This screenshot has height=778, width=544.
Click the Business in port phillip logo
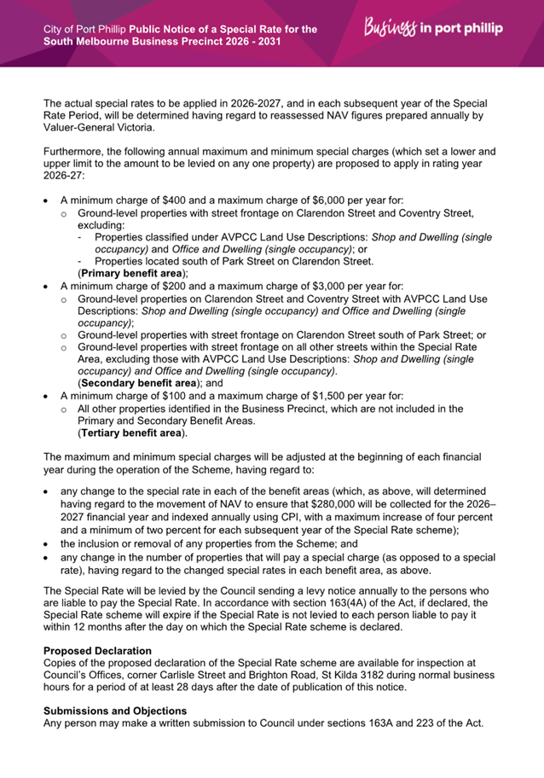point(432,28)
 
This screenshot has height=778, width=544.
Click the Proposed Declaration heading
point(97,651)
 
